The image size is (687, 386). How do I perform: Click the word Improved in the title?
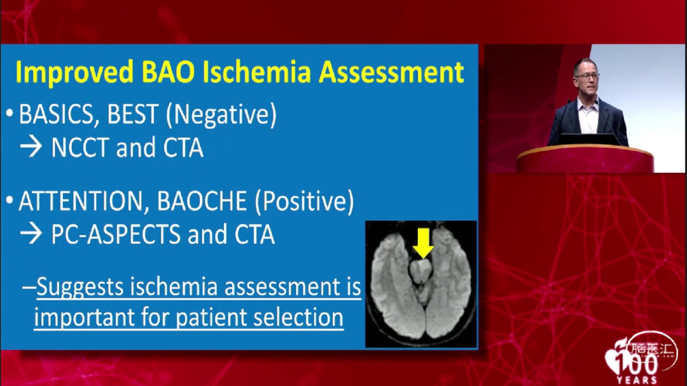(x=74, y=72)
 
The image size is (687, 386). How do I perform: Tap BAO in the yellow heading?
(x=168, y=72)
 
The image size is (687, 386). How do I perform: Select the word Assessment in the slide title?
(x=391, y=72)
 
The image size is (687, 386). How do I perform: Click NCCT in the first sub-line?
(x=80, y=148)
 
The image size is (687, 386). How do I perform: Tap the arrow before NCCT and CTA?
(x=31, y=147)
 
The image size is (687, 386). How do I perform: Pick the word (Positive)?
(x=304, y=202)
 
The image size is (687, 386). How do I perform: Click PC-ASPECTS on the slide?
(x=116, y=234)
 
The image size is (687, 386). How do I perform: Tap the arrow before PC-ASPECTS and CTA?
(x=31, y=234)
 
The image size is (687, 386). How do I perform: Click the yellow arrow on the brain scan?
(x=423, y=243)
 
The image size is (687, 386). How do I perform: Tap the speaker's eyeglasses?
(x=586, y=76)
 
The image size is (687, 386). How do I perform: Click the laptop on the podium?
(x=588, y=139)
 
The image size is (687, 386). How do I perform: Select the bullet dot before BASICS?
(x=10, y=114)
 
